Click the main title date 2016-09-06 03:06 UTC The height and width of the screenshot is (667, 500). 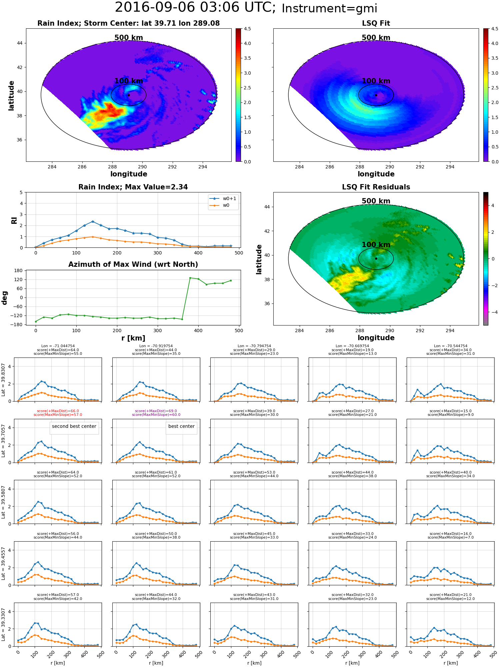click(195, 8)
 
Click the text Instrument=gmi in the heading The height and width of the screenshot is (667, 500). click(329, 9)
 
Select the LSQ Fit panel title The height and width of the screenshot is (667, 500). click(376, 23)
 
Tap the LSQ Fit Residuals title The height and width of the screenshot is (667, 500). click(376, 187)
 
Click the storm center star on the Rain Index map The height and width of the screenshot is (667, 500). click(129, 95)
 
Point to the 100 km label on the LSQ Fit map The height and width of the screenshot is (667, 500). click(376, 81)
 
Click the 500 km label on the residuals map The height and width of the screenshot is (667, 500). click(376, 201)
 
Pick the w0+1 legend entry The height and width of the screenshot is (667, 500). click(223, 199)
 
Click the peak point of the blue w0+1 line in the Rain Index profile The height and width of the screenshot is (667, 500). click(93, 221)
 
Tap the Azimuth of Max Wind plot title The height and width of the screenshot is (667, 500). click(133, 264)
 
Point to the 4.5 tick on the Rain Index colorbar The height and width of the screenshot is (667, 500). click(247, 29)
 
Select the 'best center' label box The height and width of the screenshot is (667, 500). click(181, 427)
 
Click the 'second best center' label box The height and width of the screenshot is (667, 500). click(74, 427)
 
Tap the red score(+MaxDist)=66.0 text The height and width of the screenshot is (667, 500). click(58, 411)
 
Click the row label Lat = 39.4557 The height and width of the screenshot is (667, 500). click(3, 563)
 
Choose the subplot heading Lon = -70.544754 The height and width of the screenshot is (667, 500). click(451, 346)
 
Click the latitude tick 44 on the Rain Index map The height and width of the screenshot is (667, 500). click(20, 43)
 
